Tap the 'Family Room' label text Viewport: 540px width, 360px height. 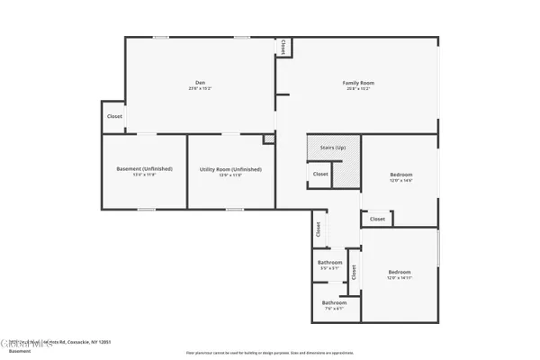(x=357, y=83)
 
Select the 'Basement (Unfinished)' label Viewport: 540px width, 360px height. (x=144, y=168)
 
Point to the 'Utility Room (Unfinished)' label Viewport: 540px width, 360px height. (x=231, y=168)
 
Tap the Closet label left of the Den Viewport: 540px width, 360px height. (x=114, y=116)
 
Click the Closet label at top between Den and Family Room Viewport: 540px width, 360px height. (x=284, y=47)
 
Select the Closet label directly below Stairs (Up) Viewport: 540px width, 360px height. (x=320, y=174)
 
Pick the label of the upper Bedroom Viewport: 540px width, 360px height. (x=400, y=174)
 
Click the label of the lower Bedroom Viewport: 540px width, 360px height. (x=399, y=272)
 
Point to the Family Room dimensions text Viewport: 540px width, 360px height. (x=357, y=88)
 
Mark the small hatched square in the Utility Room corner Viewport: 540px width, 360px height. (x=268, y=139)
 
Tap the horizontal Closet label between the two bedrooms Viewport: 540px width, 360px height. (x=377, y=219)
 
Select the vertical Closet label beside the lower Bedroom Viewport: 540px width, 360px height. (x=355, y=272)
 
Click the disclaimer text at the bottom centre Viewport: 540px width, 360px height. (x=270, y=351)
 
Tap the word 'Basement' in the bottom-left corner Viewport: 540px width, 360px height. (x=21, y=352)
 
